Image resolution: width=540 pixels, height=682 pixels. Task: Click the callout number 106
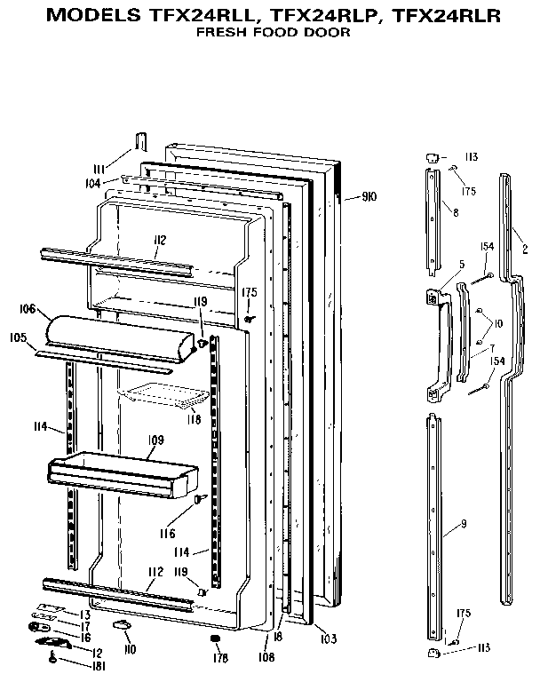click(x=27, y=309)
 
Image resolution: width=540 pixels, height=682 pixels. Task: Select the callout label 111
click(x=102, y=169)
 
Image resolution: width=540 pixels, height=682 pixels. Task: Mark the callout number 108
click(x=267, y=658)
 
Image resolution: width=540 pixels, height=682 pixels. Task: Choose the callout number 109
click(x=156, y=440)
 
